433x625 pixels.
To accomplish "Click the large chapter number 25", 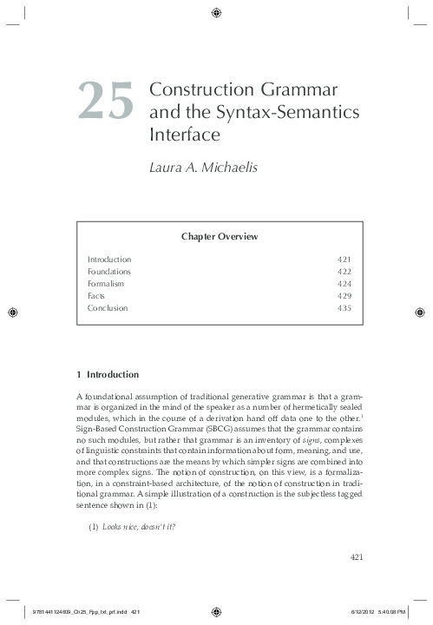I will coord(107,101).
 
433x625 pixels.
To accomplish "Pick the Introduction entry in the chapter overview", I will coord(109,260).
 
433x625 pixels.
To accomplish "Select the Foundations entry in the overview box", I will coord(109,272).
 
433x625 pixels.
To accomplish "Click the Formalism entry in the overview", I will coord(106,284).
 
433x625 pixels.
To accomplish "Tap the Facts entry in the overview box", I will coord(96,296).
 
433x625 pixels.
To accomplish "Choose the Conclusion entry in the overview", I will coord(108,308).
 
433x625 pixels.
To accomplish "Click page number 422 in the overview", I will coord(344,272).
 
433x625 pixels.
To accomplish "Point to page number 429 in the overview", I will coord(344,296).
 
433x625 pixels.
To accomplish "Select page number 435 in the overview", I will coord(344,308).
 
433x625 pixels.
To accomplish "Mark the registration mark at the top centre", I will coord(216,12).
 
